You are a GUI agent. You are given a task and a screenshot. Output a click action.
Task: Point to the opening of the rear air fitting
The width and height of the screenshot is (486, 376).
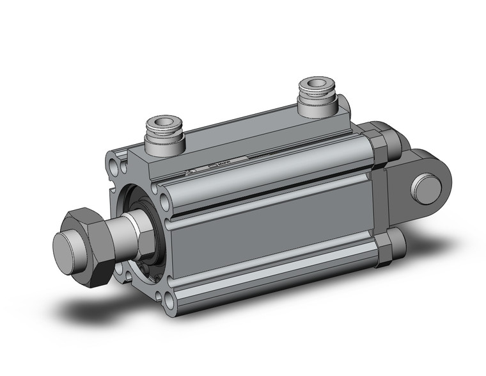pyautogui.click(x=318, y=83)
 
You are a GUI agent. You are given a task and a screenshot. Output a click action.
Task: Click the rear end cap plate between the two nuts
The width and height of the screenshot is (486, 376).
pyautogui.click(x=384, y=199)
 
